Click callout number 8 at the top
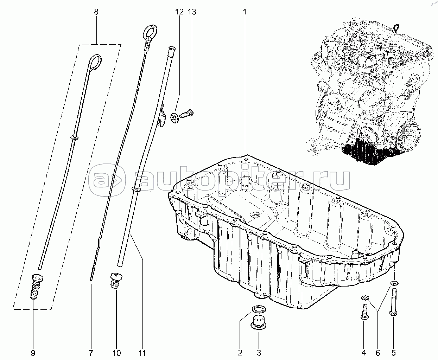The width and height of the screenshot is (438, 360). pos(96,12)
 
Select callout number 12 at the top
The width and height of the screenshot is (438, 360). pos(179,12)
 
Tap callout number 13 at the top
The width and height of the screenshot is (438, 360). pos(192,12)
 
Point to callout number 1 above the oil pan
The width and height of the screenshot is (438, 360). pos(245,12)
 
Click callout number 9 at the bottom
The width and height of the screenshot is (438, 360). pos(33,353)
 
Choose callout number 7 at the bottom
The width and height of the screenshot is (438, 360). pos(91,353)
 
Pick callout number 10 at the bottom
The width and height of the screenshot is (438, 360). pos(116,353)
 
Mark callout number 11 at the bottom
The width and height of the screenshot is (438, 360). pos(142,353)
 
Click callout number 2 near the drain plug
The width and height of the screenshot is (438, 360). pos(240,353)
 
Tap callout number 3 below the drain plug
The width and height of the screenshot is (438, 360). pos(259,353)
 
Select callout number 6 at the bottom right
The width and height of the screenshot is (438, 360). pos(378,353)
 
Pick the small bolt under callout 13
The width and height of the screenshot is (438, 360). pos(186,114)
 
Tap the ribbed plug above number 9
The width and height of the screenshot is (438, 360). pos(37,287)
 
